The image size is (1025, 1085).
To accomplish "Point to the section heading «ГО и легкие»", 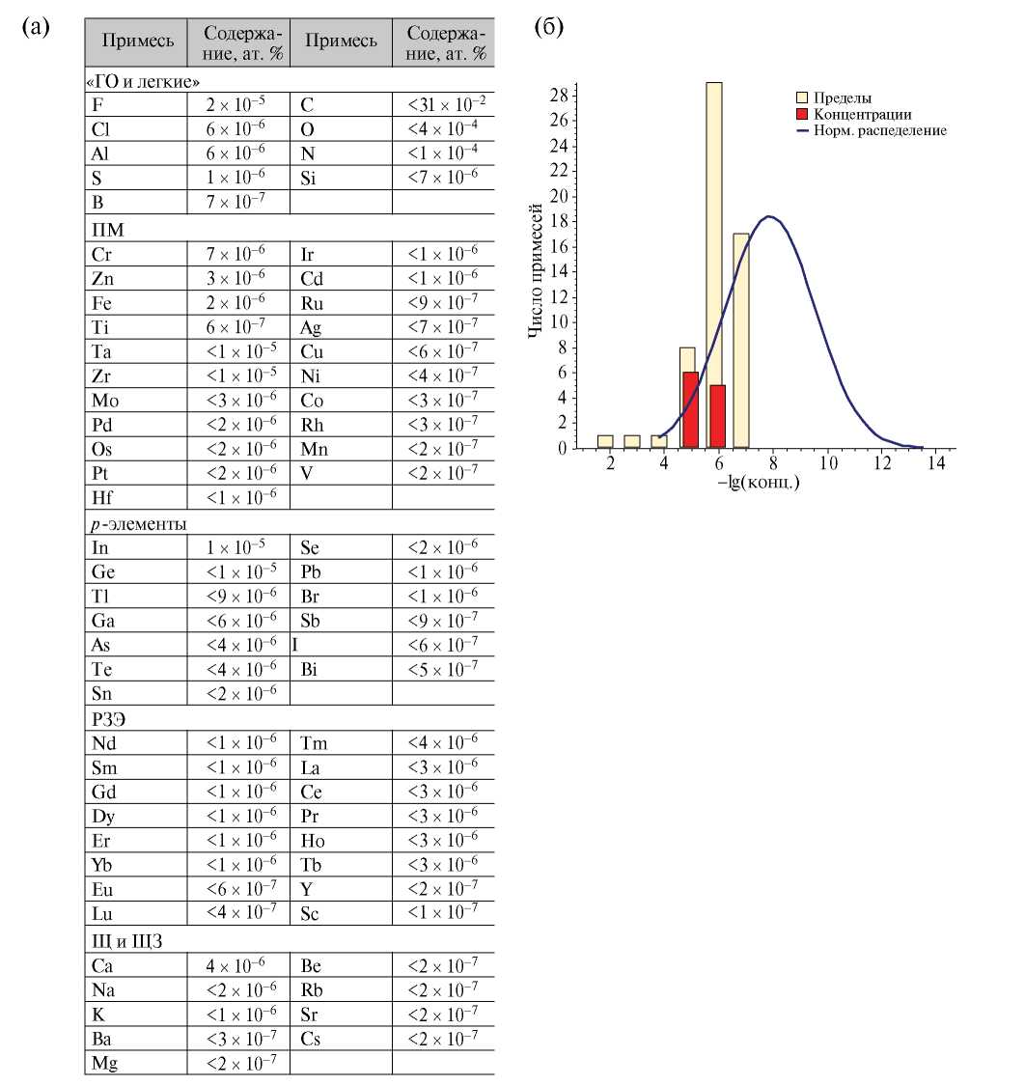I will coord(144,82).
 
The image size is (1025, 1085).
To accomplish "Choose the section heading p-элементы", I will coord(136,523).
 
